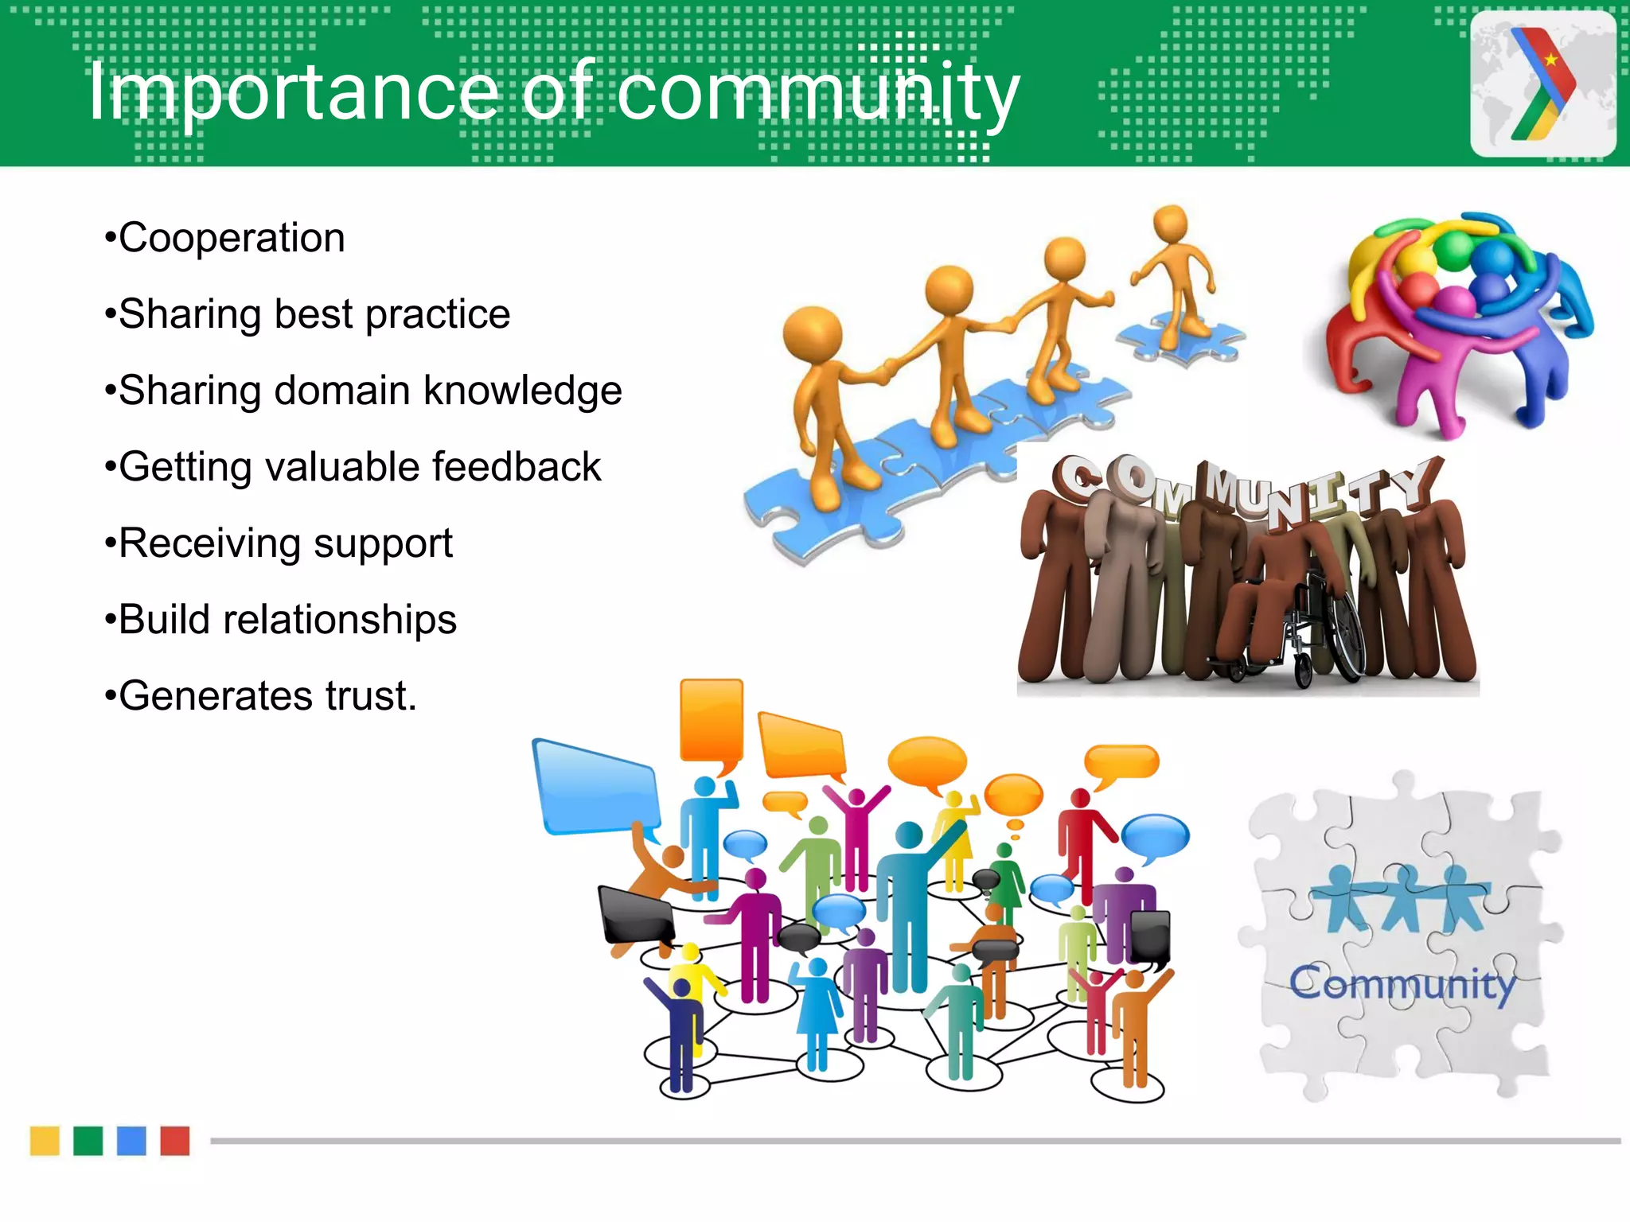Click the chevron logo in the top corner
[1542, 84]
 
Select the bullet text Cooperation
[231, 238]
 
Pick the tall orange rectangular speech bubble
[711, 720]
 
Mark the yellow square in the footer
[45, 1141]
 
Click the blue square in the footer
[131, 1141]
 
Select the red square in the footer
[175, 1141]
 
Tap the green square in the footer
[88, 1141]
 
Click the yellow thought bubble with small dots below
[1012, 796]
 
